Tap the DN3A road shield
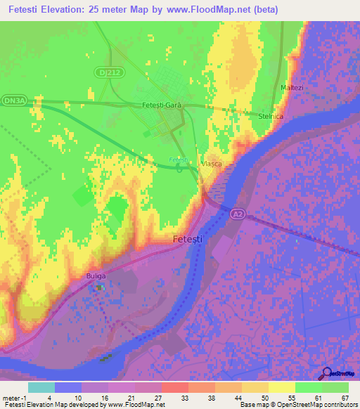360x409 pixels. coord(13,101)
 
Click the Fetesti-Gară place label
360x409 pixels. coord(162,105)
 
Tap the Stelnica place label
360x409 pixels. coord(271,117)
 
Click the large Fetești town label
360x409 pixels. coord(188,240)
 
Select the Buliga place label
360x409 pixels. coord(96,275)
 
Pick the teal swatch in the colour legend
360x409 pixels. coord(41,387)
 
